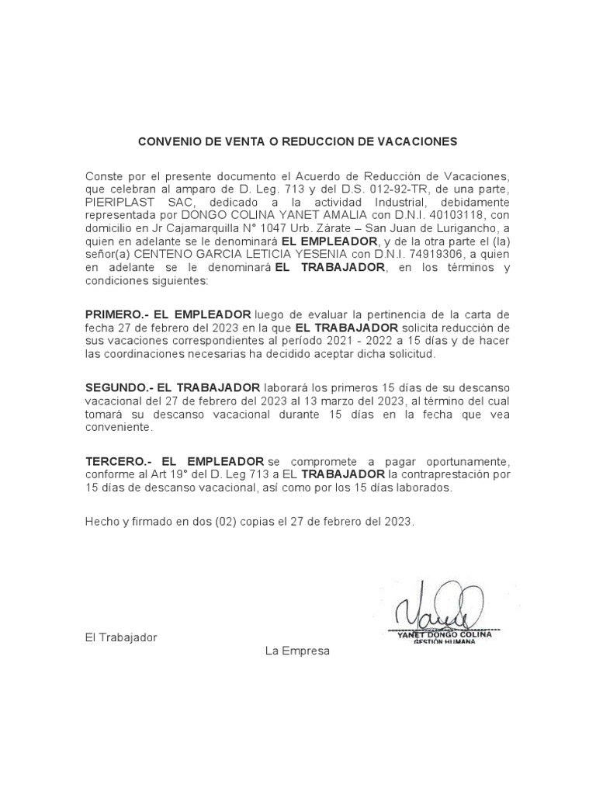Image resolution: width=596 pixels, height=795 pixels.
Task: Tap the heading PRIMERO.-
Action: [x=116, y=314]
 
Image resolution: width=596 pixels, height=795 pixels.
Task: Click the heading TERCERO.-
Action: [x=116, y=460]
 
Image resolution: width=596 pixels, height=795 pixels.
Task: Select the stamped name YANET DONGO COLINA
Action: [x=445, y=634]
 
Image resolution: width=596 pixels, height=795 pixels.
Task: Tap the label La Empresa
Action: [x=297, y=651]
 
